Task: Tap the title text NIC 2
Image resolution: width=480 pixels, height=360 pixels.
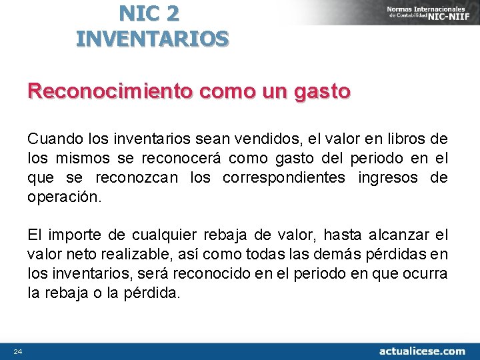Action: point(149,13)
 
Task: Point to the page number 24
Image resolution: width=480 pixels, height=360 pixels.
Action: point(17,351)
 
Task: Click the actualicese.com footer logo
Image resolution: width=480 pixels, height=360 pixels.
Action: point(422,351)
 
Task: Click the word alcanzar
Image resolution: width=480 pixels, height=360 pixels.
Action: point(395,235)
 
